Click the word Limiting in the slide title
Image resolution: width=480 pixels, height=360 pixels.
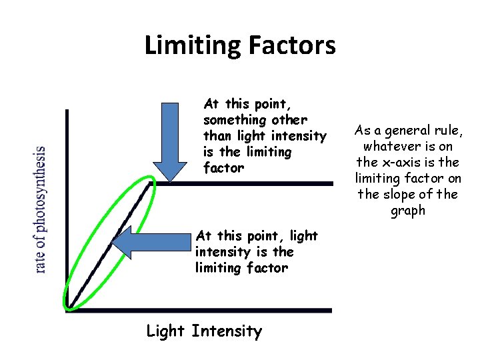point(193,45)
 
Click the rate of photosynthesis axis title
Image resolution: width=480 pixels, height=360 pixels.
point(41,209)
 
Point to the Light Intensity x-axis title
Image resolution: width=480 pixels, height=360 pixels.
point(204,331)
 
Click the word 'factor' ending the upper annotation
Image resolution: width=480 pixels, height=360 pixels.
point(223,168)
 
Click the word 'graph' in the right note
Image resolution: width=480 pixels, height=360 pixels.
point(408,211)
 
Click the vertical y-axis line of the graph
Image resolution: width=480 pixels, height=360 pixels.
point(67,200)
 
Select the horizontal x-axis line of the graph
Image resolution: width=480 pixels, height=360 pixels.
point(200,310)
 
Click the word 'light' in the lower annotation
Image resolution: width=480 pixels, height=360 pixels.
point(304,236)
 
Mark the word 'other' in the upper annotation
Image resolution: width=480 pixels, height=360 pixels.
point(289,120)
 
